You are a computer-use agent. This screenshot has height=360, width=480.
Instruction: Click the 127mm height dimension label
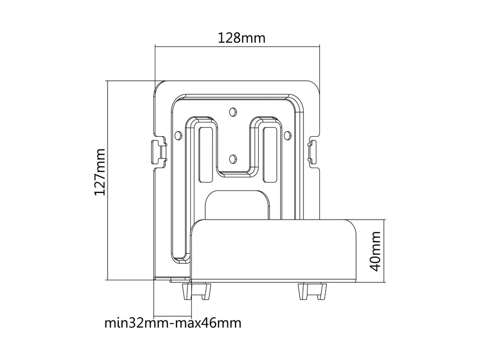(100, 172)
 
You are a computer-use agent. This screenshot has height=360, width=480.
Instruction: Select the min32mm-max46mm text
(172, 323)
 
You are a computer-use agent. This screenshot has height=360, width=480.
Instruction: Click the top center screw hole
(233, 111)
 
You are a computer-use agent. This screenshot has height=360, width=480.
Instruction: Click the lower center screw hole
(233, 158)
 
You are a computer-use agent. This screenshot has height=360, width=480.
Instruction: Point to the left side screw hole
(178, 135)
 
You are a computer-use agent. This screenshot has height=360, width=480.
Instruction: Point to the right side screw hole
(287, 135)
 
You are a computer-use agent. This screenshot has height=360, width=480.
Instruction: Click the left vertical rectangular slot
(204, 154)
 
